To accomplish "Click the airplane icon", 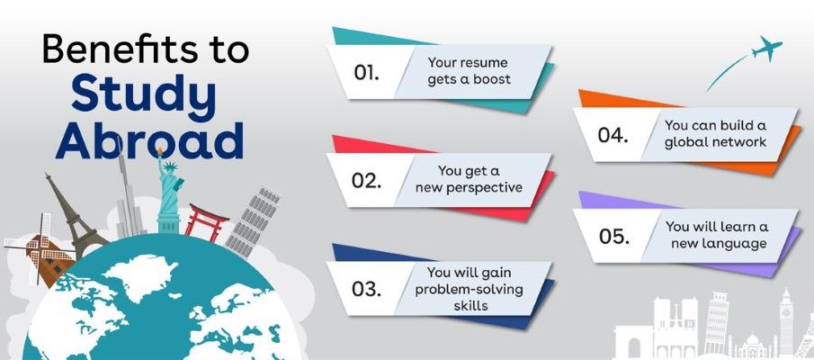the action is pos(766,49).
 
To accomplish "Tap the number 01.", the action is pos(366,73).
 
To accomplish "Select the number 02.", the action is pos(366,180).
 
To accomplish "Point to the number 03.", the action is pos(366,289).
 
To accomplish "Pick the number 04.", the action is pos(613,135).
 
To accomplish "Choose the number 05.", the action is pos(613,237).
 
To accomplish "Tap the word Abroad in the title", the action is pos(149,139).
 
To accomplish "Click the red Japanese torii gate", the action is pos(207,221).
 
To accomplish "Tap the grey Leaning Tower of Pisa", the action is pos(253,221).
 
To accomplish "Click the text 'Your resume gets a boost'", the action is pos(469,70).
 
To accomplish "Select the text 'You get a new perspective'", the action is pos(469,179).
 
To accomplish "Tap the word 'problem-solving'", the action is pos(469,289).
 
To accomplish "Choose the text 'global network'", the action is pos(715,142).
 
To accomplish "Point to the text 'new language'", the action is pos(718,243).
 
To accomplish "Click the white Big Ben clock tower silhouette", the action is pos(786,322).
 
